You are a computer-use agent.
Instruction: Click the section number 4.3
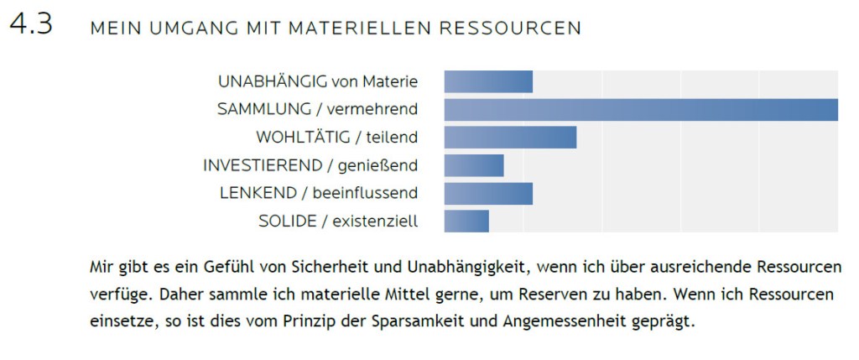pos(31,24)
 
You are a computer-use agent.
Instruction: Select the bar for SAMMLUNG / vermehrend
pos(641,110)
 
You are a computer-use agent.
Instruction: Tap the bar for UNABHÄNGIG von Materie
pos(488,82)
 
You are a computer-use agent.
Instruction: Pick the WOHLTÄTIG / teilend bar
pos(510,138)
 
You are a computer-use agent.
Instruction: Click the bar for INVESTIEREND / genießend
pos(474,165)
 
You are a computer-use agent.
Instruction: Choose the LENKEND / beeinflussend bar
pos(488,193)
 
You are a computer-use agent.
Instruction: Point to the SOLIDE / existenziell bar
pos(466,221)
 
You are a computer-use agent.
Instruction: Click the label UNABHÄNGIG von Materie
pos(318,81)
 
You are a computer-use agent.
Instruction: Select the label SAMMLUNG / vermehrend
pos(317,109)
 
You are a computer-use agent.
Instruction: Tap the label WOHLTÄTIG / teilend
pos(336,137)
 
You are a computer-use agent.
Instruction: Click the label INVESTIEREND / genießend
pos(310,165)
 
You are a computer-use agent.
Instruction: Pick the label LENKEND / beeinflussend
pos(319,193)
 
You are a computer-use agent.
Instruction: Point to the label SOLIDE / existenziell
pos(338,221)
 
